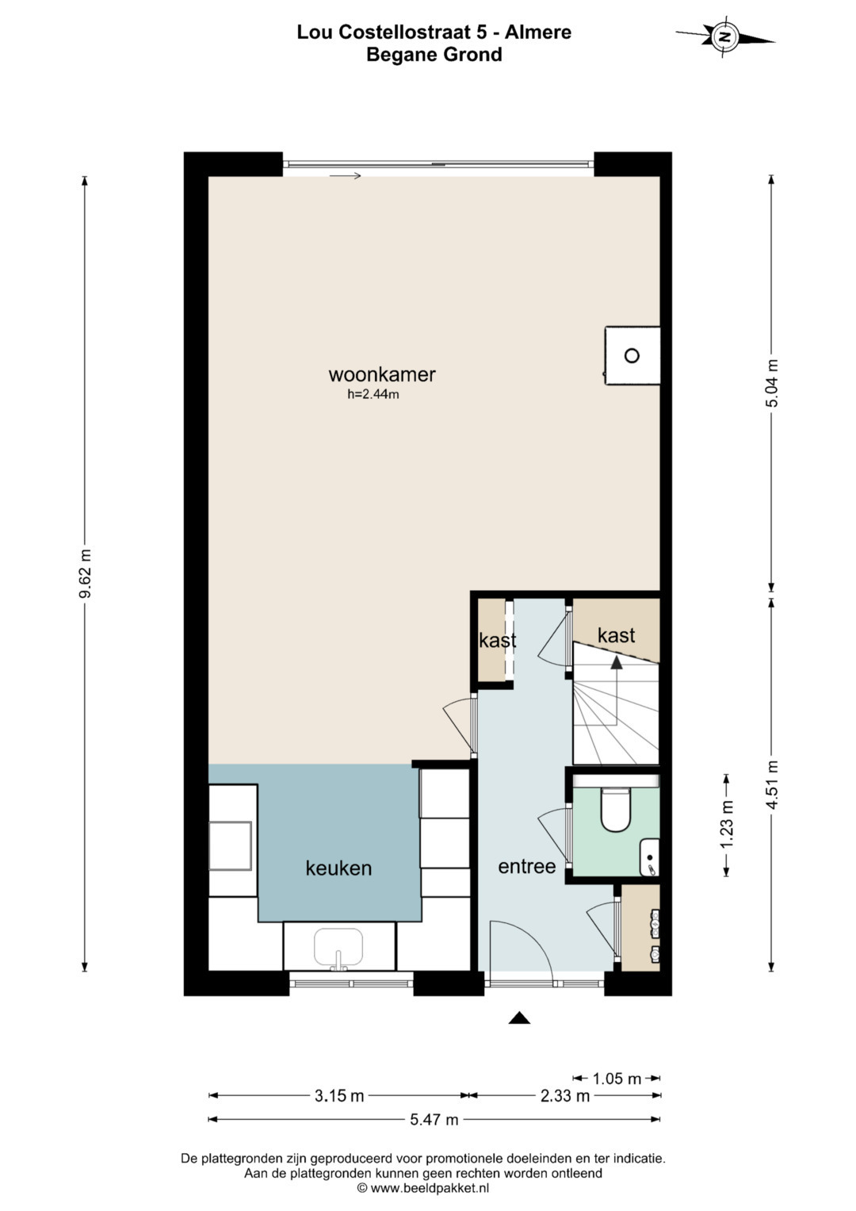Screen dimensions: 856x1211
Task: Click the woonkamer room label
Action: tap(381, 374)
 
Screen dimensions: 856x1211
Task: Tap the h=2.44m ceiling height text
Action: tap(373, 394)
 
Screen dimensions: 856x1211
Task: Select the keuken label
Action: tap(339, 868)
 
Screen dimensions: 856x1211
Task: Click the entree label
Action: tap(527, 866)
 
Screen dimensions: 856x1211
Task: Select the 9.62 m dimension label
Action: tap(84, 573)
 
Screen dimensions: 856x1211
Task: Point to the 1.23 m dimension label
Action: tap(727, 825)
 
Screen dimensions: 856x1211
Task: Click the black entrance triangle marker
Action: tap(519, 1017)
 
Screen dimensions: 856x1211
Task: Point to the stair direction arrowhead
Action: tap(616, 663)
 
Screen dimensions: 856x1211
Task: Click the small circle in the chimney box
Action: tap(632, 356)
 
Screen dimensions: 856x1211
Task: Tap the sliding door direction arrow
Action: tap(345, 175)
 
